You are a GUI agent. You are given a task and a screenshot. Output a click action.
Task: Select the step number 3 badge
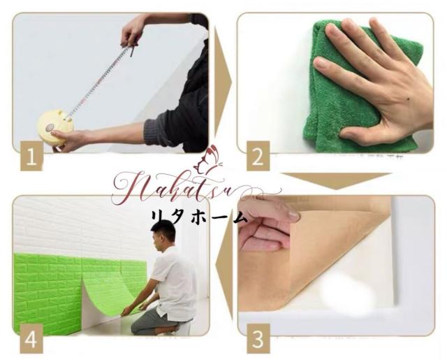coord(258,340)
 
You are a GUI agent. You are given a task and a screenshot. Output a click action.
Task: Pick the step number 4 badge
coord(30,340)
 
